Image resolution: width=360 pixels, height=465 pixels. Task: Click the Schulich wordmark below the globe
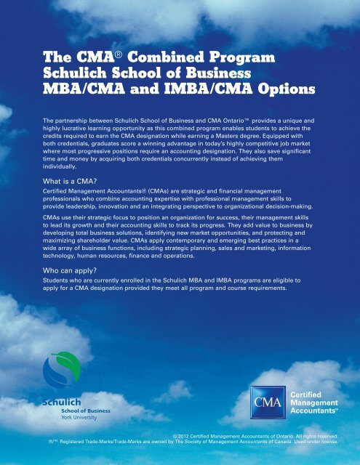coord(61,400)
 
